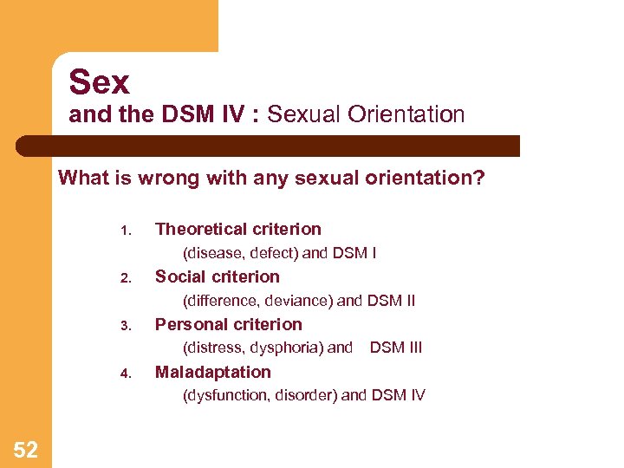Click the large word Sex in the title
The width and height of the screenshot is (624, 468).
(x=100, y=82)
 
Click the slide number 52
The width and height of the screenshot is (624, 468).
(x=26, y=449)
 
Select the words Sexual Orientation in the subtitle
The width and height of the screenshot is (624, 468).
(x=366, y=114)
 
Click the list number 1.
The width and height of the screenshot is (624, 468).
(x=125, y=231)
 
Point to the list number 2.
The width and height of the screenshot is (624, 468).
(x=125, y=278)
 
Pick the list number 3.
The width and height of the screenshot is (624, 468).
(x=125, y=326)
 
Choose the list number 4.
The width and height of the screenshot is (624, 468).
(x=125, y=374)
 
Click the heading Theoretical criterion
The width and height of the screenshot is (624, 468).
(x=237, y=229)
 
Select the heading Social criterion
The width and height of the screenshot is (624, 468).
(x=217, y=276)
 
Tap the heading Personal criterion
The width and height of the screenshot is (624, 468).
(x=228, y=324)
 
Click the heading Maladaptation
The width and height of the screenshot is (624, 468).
(x=212, y=372)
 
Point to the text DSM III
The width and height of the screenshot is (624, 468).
(x=396, y=348)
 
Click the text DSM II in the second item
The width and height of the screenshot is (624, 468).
(x=391, y=301)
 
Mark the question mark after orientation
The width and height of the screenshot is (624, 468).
(x=479, y=179)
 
